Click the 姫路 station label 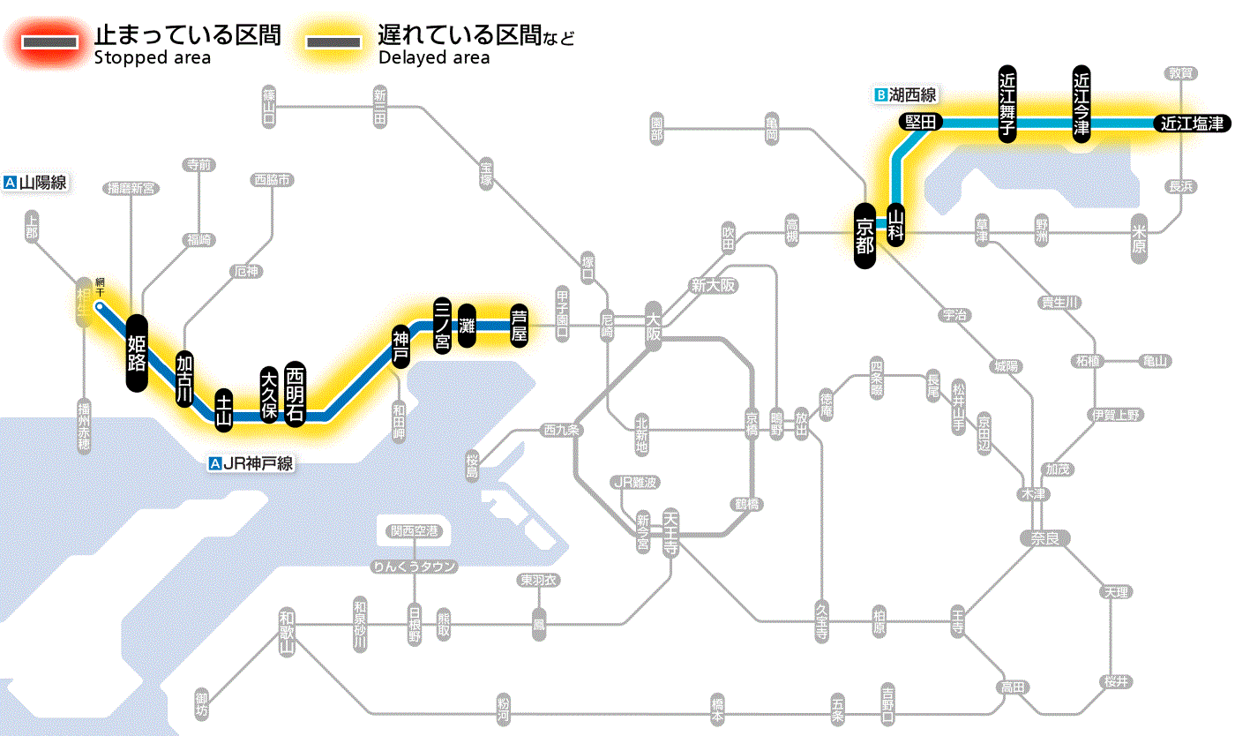point(137,352)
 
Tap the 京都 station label point(864,233)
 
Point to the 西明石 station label point(294,392)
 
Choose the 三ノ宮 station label point(443,325)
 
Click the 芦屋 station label point(520,325)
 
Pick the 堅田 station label point(921,123)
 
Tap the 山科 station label point(897,224)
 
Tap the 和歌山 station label point(286,632)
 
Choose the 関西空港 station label point(415,531)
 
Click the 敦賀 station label point(1180,73)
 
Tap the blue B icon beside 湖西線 point(879,94)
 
